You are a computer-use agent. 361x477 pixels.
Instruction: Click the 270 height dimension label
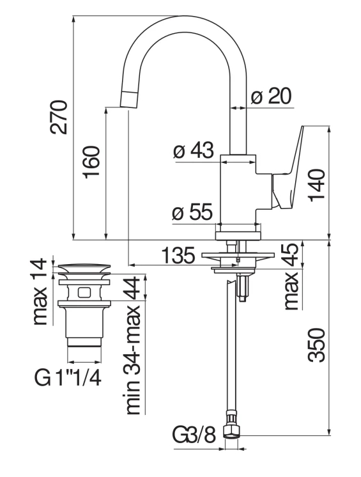[59, 116]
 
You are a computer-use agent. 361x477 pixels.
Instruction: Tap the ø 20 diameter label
[270, 97]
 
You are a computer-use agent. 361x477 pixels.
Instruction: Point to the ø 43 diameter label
[193, 152]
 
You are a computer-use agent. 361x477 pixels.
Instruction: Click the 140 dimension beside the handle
[318, 185]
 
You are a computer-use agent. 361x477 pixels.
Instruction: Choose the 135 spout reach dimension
[178, 257]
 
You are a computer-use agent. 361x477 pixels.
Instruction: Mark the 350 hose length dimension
[318, 346]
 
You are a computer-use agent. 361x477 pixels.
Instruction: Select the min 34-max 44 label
[133, 345]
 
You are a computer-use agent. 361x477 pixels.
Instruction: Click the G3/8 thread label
[194, 436]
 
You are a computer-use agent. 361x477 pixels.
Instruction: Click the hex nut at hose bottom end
[231, 435]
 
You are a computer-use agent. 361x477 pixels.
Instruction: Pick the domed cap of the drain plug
[86, 269]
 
